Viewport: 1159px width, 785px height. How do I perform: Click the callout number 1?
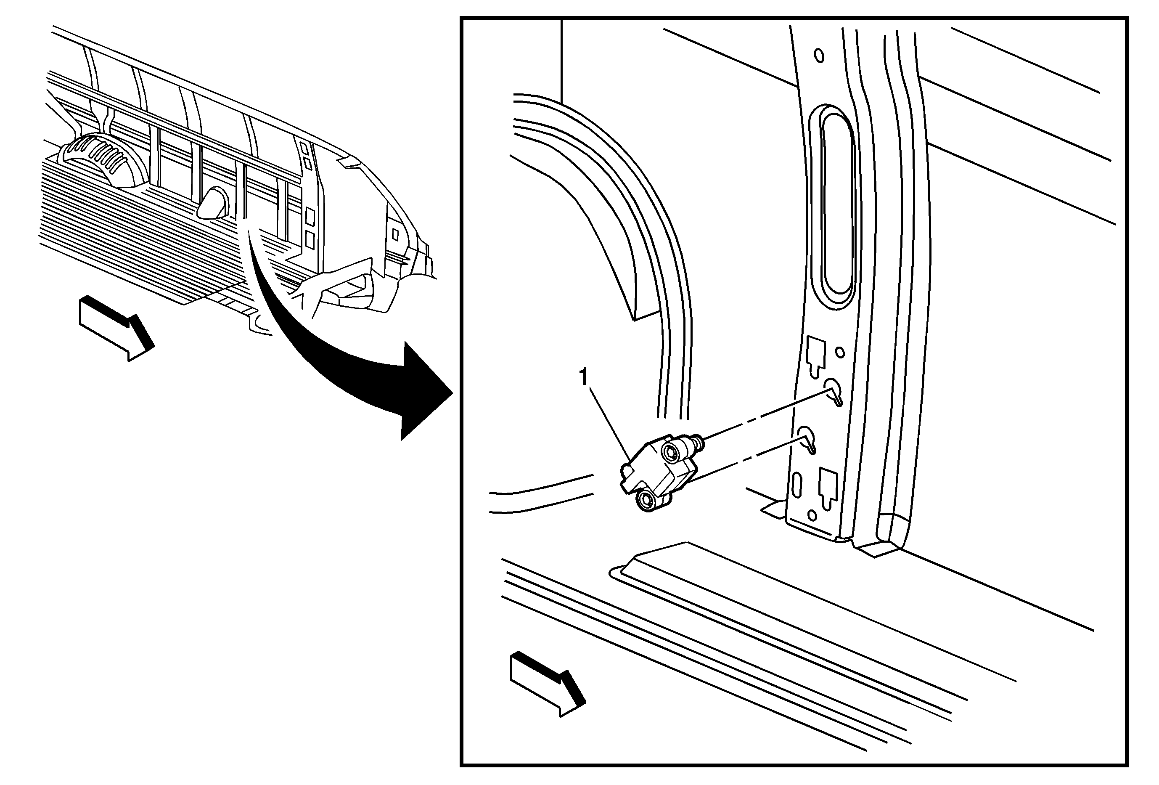point(583,377)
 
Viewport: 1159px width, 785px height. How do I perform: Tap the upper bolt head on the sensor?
point(670,452)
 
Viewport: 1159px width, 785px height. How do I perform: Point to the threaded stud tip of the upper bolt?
point(700,439)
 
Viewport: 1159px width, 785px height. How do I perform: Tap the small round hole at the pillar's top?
point(819,56)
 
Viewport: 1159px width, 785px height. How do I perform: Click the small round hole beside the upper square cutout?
point(840,353)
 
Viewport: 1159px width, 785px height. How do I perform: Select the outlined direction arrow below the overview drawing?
point(116,328)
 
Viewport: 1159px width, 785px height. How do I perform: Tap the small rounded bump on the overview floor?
point(214,204)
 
